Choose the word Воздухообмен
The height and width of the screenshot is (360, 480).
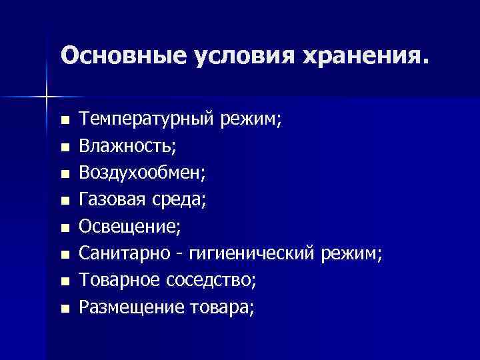142,173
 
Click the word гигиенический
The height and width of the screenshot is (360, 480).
252,253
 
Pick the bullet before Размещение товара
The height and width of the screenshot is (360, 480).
64,308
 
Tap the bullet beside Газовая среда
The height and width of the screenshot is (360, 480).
64,200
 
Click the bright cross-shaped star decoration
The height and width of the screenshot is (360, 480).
46,96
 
